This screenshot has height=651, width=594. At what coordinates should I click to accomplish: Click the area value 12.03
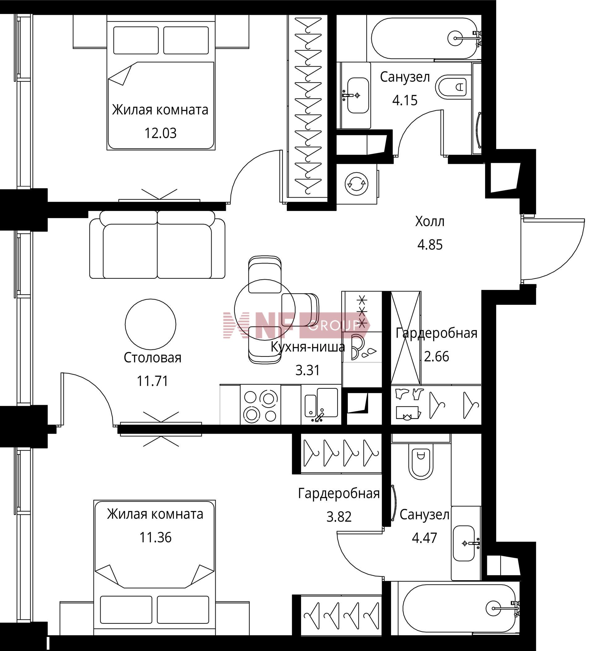tap(160, 133)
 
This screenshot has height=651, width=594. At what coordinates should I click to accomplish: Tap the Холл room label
tap(430, 221)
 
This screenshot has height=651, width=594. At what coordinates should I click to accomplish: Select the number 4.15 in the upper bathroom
tap(405, 100)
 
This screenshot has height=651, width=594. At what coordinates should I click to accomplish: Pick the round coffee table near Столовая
tap(150, 324)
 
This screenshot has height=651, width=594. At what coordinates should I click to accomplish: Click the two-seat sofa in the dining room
tap(157, 244)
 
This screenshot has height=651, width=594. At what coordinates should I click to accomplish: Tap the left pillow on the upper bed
tap(136, 40)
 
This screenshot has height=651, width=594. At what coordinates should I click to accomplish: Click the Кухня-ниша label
tap(308, 347)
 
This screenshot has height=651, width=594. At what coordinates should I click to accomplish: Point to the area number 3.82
tap(339, 517)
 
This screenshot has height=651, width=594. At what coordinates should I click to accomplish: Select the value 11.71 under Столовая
tap(153, 381)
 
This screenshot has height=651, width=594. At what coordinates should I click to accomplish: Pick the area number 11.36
tap(155, 538)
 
